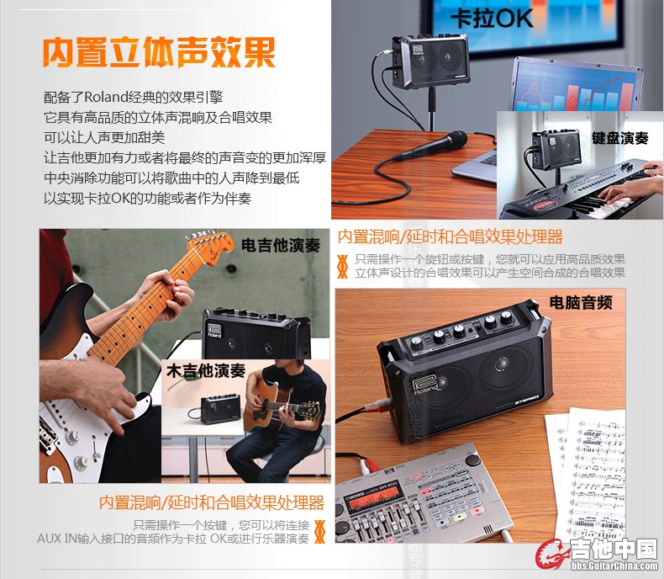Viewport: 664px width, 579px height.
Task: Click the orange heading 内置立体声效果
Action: [x=159, y=52]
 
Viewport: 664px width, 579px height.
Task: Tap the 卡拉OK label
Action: [x=492, y=19]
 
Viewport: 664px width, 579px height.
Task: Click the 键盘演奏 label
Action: [x=620, y=138]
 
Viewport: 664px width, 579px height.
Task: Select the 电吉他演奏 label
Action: [x=281, y=245]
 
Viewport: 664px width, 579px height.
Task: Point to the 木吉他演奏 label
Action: [x=206, y=371]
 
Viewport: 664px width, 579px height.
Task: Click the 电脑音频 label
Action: [x=581, y=303]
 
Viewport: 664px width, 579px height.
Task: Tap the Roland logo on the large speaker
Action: [x=424, y=384]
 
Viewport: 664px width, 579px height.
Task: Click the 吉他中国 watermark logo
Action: [x=597, y=553]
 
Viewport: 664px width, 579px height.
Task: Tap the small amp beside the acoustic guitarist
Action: [x=220, y=409]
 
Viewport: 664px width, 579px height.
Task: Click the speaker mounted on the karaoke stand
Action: [x=430, y=61]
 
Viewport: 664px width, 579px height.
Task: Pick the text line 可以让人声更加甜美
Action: [x=104, y=137]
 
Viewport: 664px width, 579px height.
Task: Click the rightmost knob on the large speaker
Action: [x=507, y=316]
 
